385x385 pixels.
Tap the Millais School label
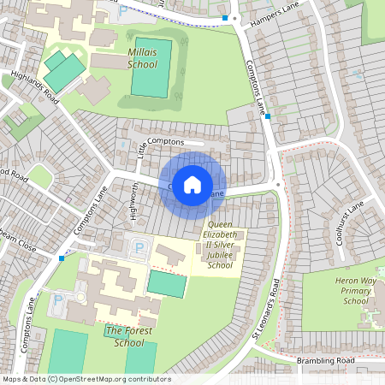point(142,57)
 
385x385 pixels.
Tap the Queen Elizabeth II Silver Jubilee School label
point(220,245)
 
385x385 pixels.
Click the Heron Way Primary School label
point(343,291)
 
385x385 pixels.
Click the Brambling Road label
point(325,361)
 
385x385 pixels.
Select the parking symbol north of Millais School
point(121,11)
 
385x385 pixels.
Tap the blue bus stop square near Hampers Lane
point(226,17)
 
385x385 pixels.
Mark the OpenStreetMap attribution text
point(86,379)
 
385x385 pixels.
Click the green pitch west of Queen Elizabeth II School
point(167,284)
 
